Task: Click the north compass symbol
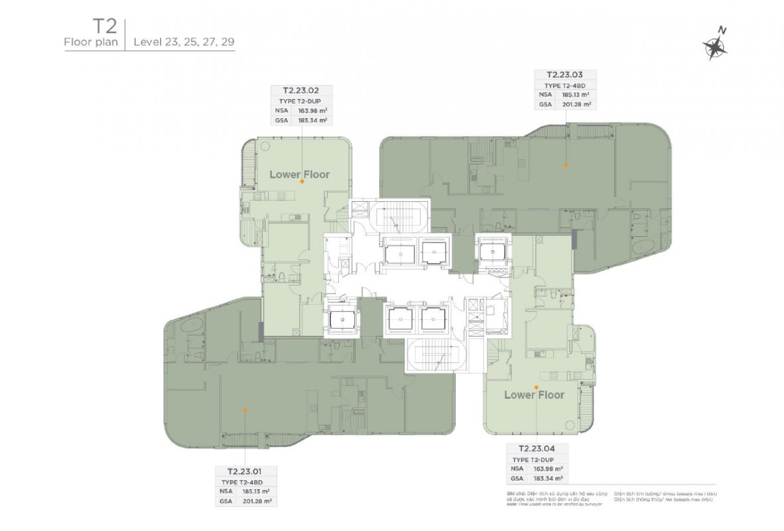click(714, 44)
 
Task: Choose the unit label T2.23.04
click(538, 448)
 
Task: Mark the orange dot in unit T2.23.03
click(566, 165)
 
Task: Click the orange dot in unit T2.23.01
click(245, 410)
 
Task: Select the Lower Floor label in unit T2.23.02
click(299, 175)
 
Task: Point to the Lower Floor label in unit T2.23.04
click(534, 395)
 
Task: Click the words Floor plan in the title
click(90, 43)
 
